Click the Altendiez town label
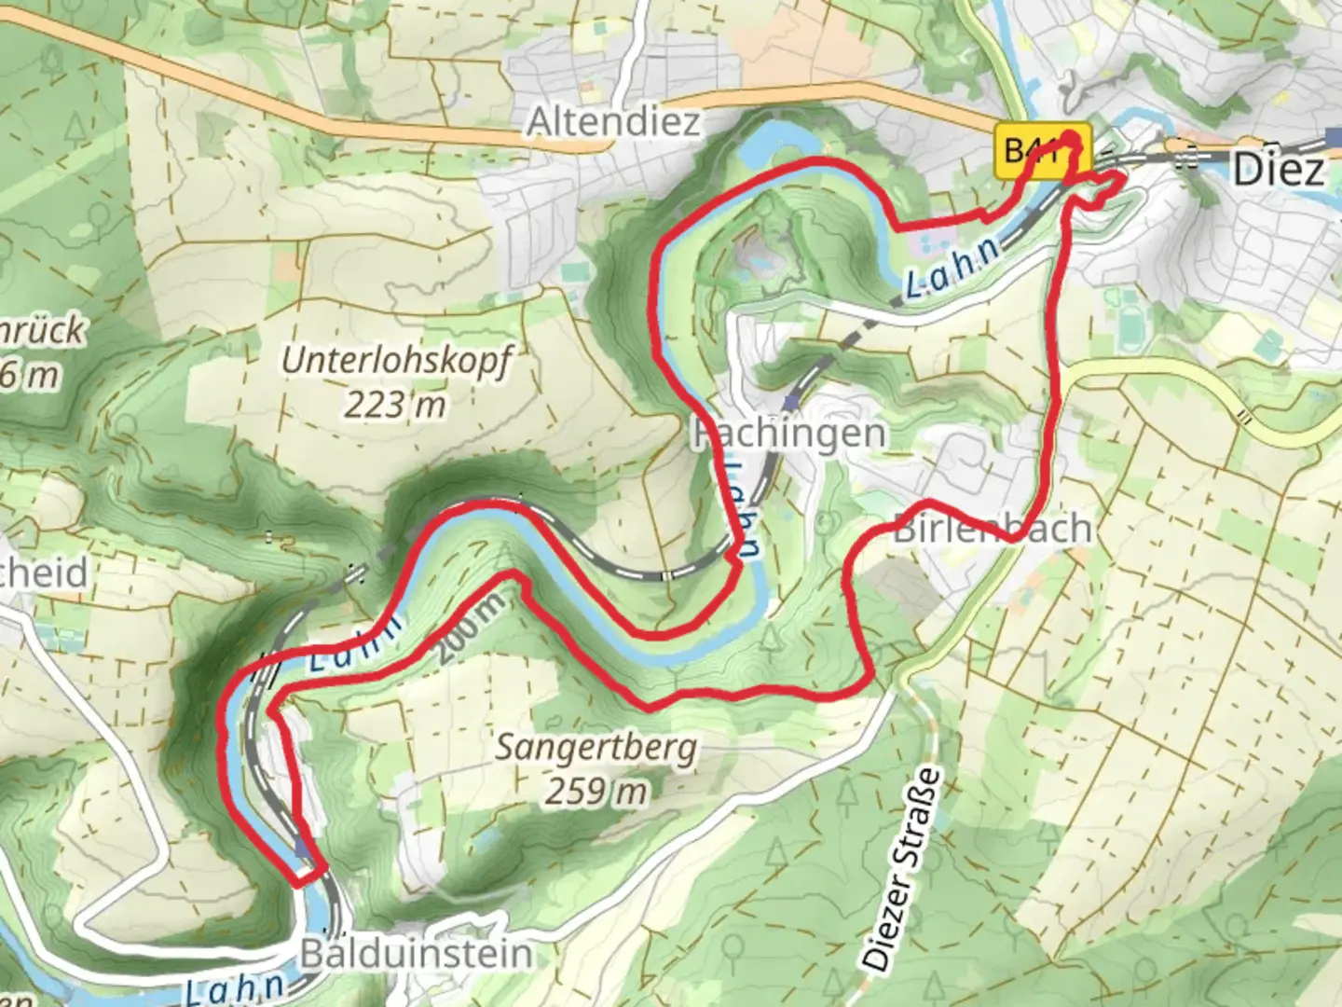613,122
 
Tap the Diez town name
1279,171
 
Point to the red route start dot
1072,141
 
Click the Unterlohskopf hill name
397,362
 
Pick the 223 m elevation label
394,405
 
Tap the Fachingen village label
788,434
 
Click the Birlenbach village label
992,528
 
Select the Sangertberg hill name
596,748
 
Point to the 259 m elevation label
596,791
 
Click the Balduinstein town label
417,953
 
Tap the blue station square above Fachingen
791,403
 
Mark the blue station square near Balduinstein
301,848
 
